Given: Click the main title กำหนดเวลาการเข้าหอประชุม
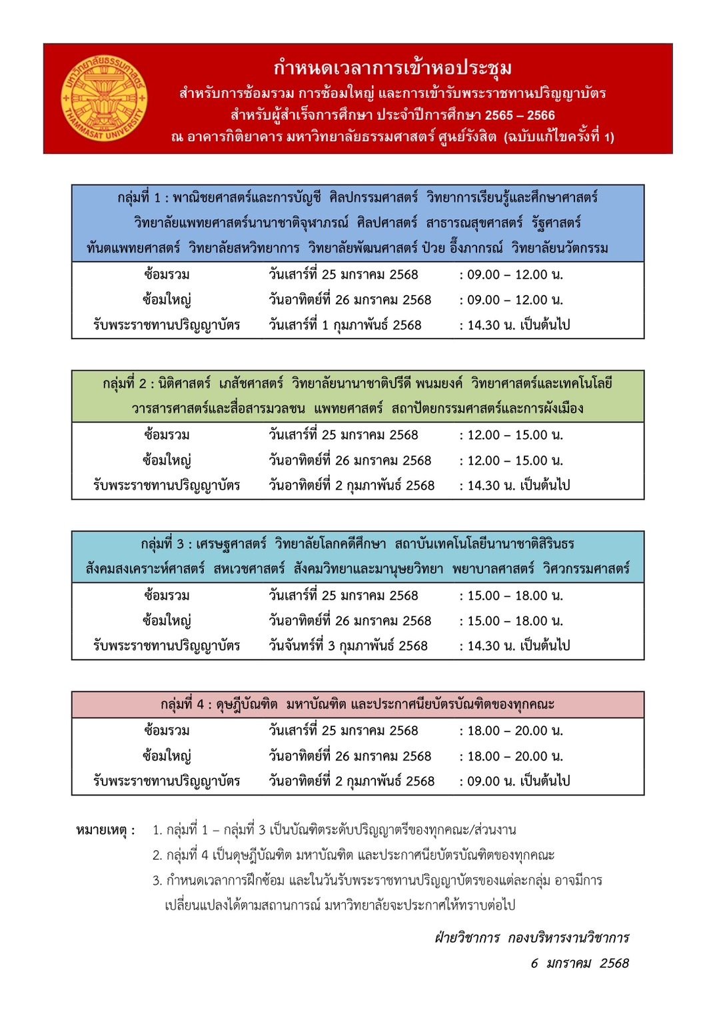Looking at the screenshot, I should coord(392,68).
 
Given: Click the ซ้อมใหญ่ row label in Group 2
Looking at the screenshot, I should coord(167,460).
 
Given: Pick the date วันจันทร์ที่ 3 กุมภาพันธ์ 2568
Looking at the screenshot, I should coord(348,646).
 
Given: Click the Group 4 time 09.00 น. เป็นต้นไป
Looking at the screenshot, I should coord(518,781).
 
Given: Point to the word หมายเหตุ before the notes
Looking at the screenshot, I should coord(105,830).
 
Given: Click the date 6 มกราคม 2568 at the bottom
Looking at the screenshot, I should coord(580,963).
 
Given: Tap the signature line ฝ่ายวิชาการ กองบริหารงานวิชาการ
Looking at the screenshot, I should coord(532,938).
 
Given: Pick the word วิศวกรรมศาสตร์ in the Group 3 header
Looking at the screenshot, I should coord(586,569).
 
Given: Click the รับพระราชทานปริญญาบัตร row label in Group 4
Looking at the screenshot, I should coord(167,781).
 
